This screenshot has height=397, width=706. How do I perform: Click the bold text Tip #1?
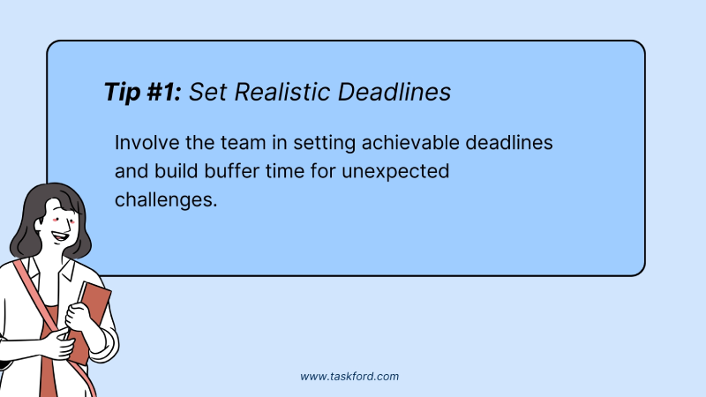[143, 92]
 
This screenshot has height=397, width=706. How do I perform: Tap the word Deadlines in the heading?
[394, 92]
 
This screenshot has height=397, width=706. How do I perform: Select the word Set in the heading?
[207, 92]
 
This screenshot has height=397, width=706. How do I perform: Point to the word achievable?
[410, 143]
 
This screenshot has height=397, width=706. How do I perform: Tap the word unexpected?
[395, 172]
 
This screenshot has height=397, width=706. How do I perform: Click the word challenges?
[166, 200]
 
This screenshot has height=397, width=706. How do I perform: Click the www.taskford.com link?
[349, 377]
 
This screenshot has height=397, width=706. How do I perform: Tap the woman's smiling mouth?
[60, 236]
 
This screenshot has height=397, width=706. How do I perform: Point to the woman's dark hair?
[45, 216]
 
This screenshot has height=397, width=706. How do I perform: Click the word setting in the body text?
[325, 144]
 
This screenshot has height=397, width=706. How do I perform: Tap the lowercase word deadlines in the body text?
[509, 143]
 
